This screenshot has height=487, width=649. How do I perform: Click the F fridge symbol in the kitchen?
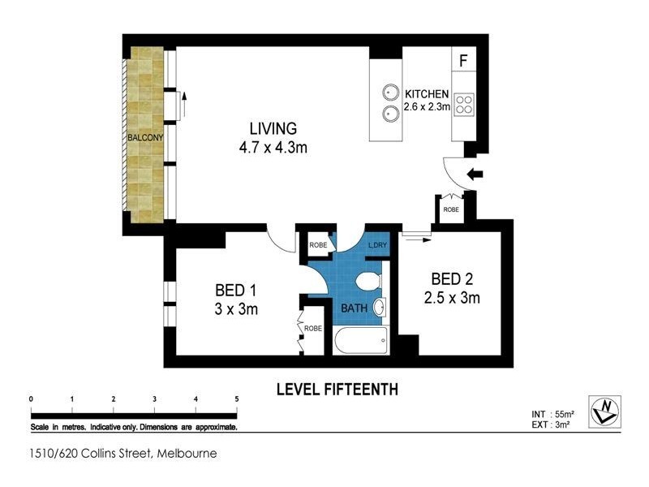pyautogui.click(x=463, y=61)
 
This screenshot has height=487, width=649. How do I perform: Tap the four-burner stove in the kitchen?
pyautogui.click(x=464, y=103)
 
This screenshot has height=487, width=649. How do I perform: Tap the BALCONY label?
pyautogui.click(x=145, y=137)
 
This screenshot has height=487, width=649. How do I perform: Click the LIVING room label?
pyautogui.click(x=273, y=128)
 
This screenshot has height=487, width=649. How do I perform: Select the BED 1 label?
pyautogui.click(x=237, y=290)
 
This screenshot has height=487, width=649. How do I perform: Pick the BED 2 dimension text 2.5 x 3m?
pyautogui.click(x=453, y=298)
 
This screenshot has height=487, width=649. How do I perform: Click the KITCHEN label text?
pyautogui.click(x=427, y=94)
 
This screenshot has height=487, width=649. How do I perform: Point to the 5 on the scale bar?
pyautogui.click(x=236, y=399)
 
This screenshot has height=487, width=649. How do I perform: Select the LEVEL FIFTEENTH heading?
pyautogui.click(x=337, y=390)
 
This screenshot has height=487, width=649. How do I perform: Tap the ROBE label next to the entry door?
pyautogui.click(x=450, y=209)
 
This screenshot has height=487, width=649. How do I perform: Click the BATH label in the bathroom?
pyautogui.click(x=354, y=308)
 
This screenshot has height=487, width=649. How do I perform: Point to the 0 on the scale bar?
pyautogui.click(x=30, y=399)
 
